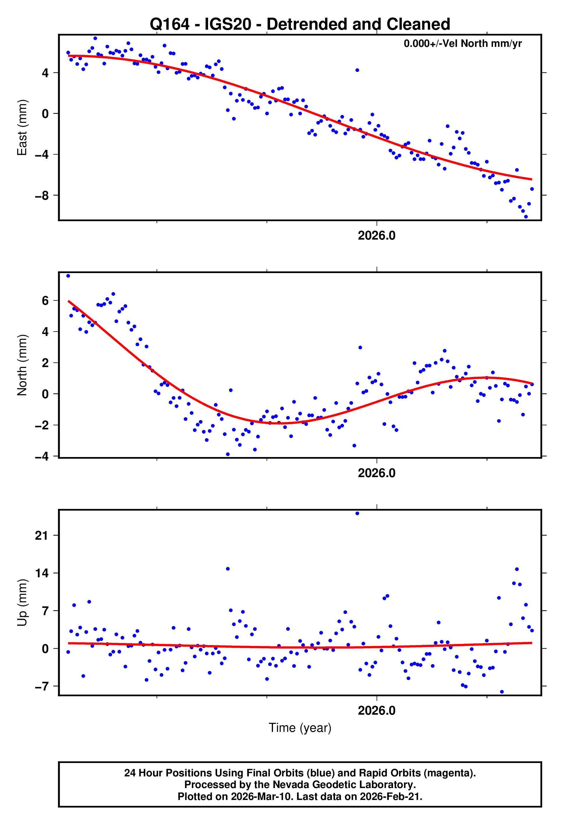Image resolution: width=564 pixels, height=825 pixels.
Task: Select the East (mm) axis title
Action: (x=22, y=128)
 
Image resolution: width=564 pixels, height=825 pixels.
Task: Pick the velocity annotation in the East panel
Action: (x=462, y=44)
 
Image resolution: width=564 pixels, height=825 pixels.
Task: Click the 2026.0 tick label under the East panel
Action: (x=376, y=236)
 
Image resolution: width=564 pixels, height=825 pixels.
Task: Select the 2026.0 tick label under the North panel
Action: (x=376, y=473)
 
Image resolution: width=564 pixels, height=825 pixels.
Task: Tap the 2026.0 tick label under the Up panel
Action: (x=376, y=711)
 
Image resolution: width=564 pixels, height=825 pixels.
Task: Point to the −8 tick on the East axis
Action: (x=42, y=196)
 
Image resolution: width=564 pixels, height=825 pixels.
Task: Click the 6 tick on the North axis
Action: (x=45, y=301)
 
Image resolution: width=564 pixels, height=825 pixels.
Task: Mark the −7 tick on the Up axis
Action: (x=42, y=686)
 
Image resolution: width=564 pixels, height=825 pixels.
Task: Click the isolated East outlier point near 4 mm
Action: (x=357, y=70)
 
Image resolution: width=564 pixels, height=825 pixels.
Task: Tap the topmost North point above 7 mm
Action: (x=68, y=276)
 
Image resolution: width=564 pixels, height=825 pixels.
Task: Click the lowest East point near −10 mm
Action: (x=526, y=217)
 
